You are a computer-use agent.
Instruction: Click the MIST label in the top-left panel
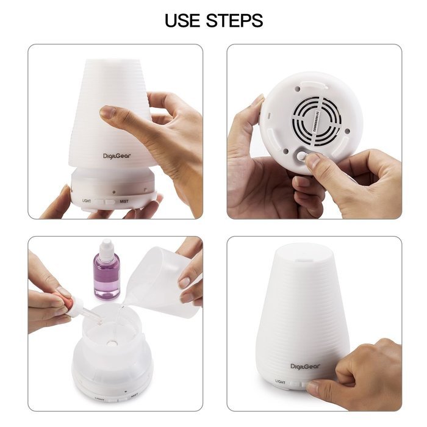point(124,201)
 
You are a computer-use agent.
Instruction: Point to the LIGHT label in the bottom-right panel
point(282,381)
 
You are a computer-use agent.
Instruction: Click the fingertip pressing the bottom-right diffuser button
point(313,386)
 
